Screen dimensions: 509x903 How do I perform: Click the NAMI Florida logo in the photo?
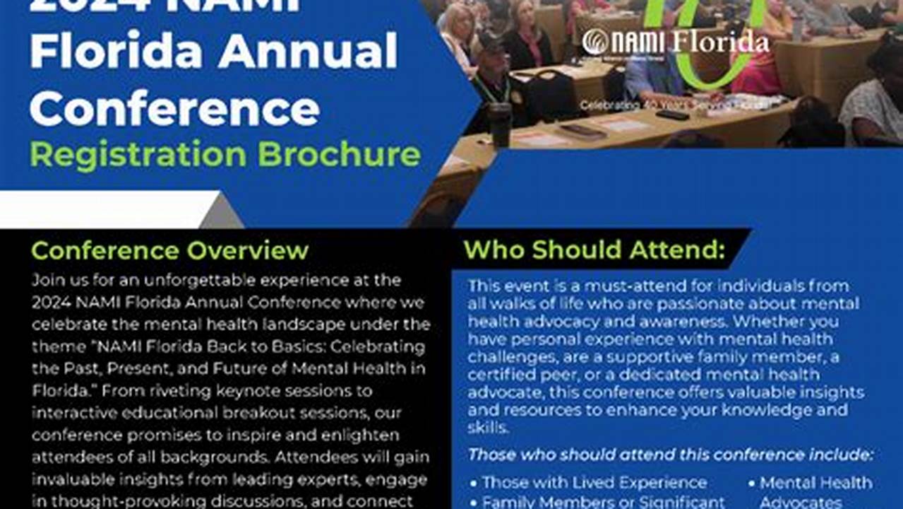675,42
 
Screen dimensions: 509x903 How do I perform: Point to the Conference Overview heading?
169,250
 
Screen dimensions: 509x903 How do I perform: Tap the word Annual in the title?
307,53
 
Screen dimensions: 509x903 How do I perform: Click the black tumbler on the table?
500,124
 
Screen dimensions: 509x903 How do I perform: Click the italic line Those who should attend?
671,455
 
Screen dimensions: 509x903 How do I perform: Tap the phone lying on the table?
671,115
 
